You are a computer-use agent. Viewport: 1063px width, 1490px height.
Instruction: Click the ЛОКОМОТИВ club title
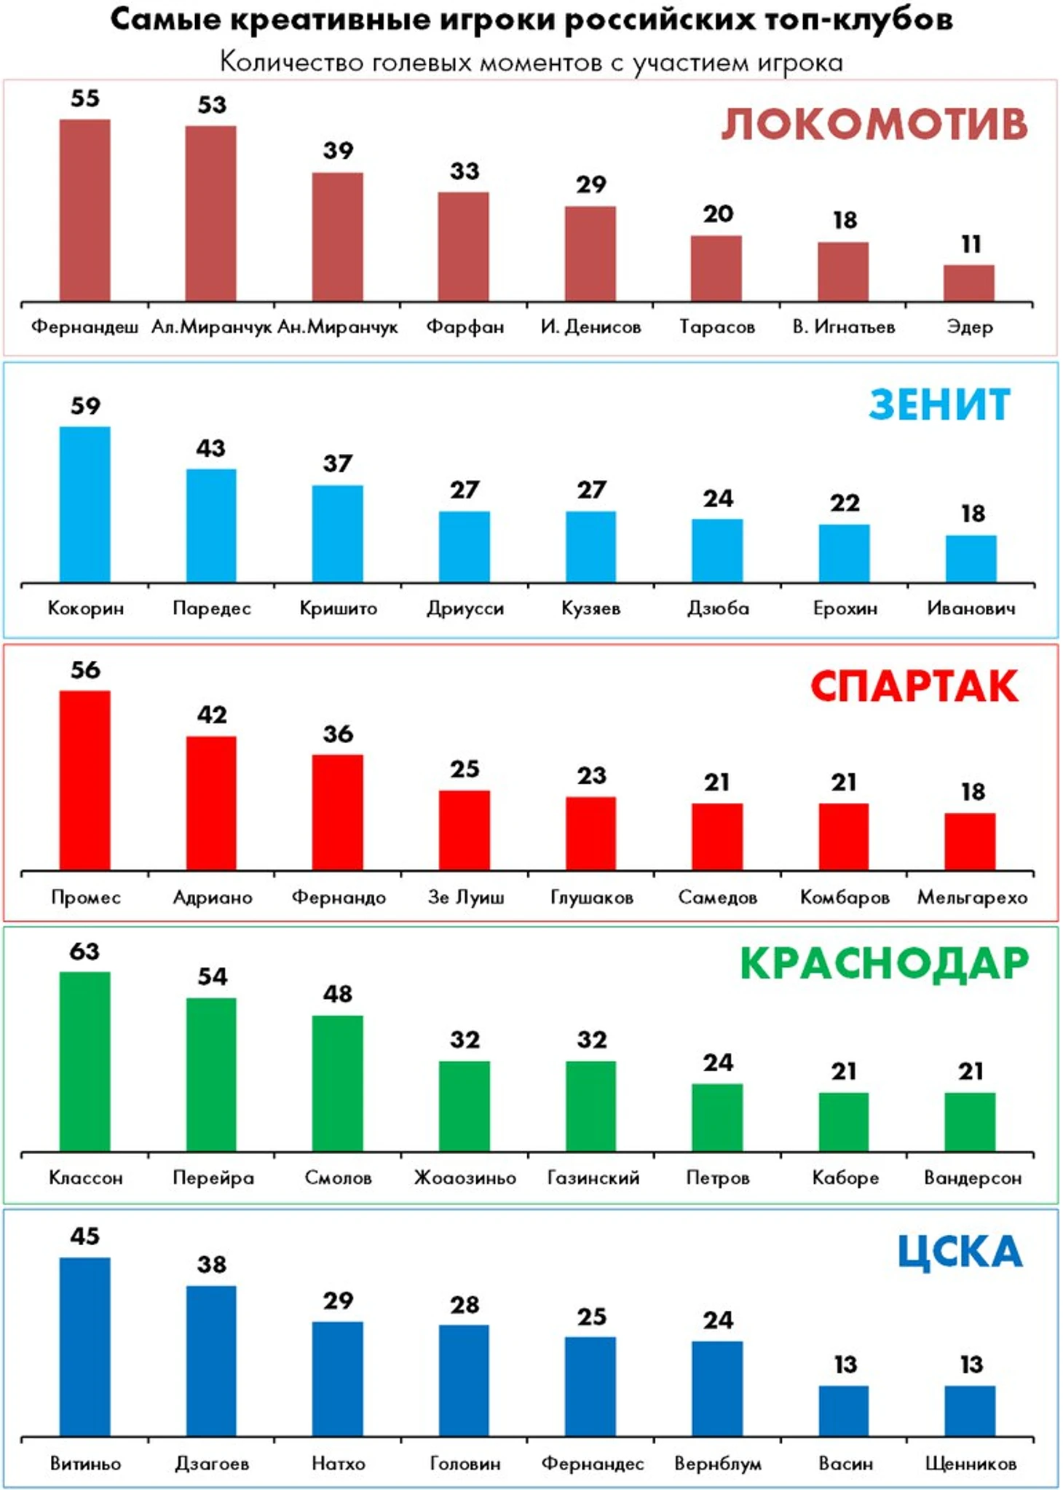click(874, 125)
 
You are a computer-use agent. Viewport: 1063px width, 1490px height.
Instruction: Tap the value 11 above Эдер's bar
click(971, 244)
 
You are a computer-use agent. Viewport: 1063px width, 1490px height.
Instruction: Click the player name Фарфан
click(465, 326)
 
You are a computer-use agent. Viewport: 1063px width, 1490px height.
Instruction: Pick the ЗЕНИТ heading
click(939, 405)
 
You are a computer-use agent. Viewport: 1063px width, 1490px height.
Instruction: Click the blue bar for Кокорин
click(85, 504)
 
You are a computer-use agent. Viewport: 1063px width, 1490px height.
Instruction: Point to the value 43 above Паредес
click(211, 448)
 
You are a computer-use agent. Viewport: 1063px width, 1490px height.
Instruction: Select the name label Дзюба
click(718, 608)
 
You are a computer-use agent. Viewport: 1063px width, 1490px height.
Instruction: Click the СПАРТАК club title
click(914, 687)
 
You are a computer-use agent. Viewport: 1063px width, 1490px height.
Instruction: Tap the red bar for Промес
click(85, 780)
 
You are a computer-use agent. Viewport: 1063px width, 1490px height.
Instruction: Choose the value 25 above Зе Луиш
click(465, 769)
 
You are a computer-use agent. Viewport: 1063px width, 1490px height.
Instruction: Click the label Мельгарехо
click(972, 898)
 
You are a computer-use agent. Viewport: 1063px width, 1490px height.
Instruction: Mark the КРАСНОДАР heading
click(884, 964)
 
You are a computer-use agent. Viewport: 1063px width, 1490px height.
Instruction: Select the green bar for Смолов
click(338, 1083)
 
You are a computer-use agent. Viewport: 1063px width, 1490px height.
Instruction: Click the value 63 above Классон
click(85, 952)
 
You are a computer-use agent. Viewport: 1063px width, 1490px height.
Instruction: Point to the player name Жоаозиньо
click(465, 1178)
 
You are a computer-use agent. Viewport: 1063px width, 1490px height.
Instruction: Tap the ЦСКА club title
click(960, 1252)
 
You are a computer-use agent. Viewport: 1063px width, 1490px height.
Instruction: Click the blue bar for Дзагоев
click(211, 1361)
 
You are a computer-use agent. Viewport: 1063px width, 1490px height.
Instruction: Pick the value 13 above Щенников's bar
click(971, 1365)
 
